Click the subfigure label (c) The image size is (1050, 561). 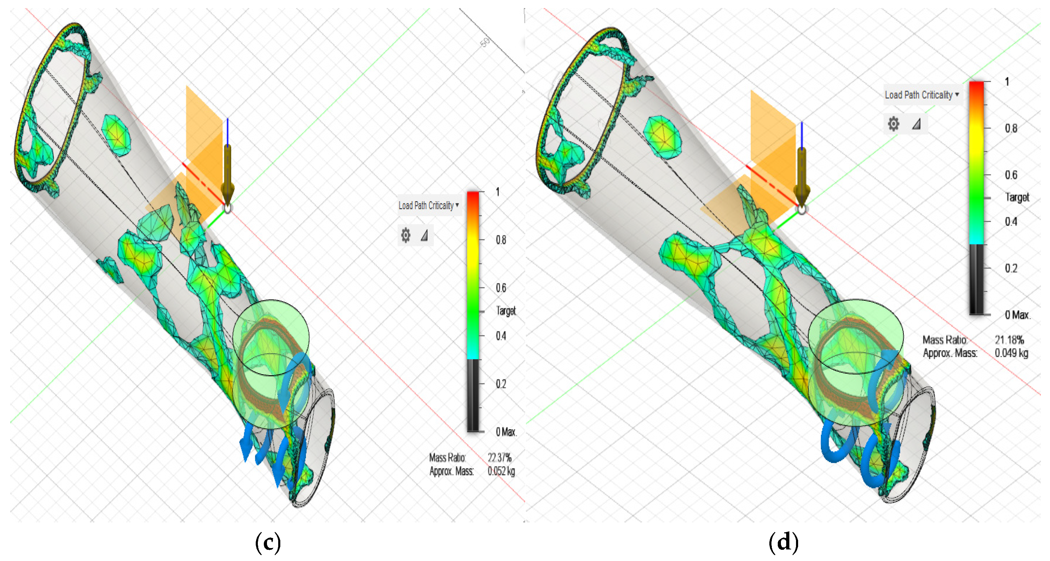click(268, 543)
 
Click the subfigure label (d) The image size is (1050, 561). click(783, 543)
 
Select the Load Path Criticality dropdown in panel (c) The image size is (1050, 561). click(428, 206)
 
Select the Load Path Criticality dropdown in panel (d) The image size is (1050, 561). click(922, 95)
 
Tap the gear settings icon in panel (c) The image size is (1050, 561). click(406, 235)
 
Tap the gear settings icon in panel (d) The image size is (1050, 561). click(894, 124)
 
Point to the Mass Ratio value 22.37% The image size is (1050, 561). click(499, 458)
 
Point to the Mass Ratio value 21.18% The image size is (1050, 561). click(1009, 340)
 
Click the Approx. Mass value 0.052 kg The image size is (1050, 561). click(501, 471)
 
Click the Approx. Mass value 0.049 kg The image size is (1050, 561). click(1011, 353)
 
